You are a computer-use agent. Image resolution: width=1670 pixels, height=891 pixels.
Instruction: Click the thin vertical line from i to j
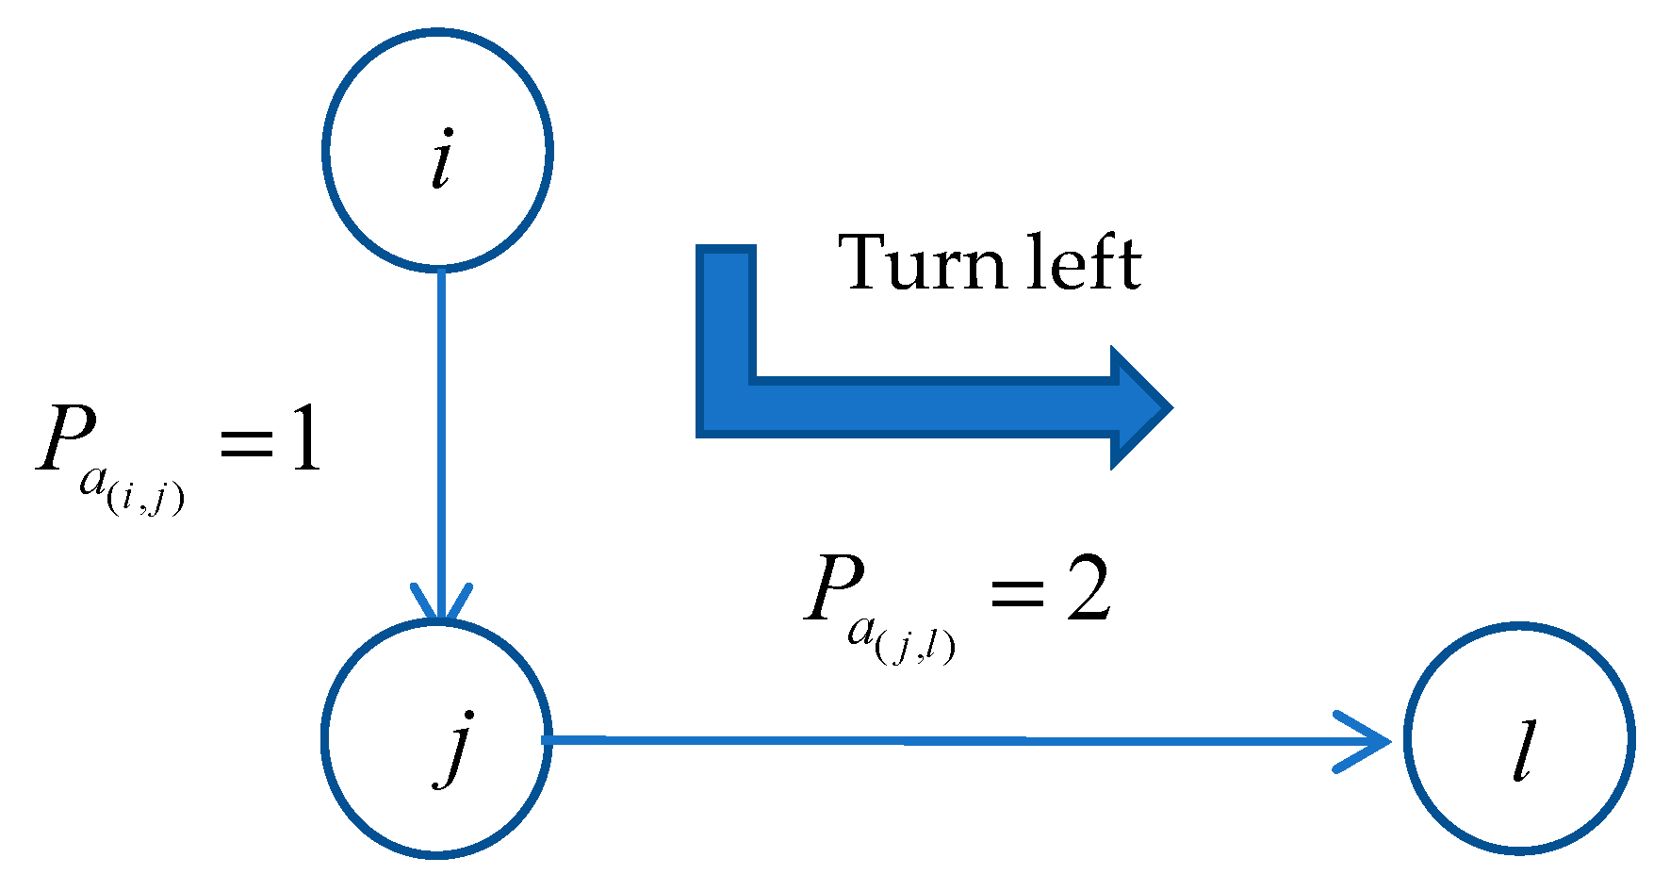pyautogui.click(x=440, y=424)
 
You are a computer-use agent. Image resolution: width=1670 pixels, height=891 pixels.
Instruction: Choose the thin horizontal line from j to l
pyautogui.click(x=942, y=741)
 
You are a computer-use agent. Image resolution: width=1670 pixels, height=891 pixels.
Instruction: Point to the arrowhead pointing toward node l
pyautogui.click(x=1367, y=742)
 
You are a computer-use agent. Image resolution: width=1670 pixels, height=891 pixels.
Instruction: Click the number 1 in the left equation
pyautogui.click(x=304, y=441)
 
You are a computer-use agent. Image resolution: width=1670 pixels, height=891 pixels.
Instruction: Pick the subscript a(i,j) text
pyautogui.click(x=132, y=490)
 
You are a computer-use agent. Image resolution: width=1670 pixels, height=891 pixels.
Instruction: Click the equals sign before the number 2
pyautogui.click(x=1017, y=594)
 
